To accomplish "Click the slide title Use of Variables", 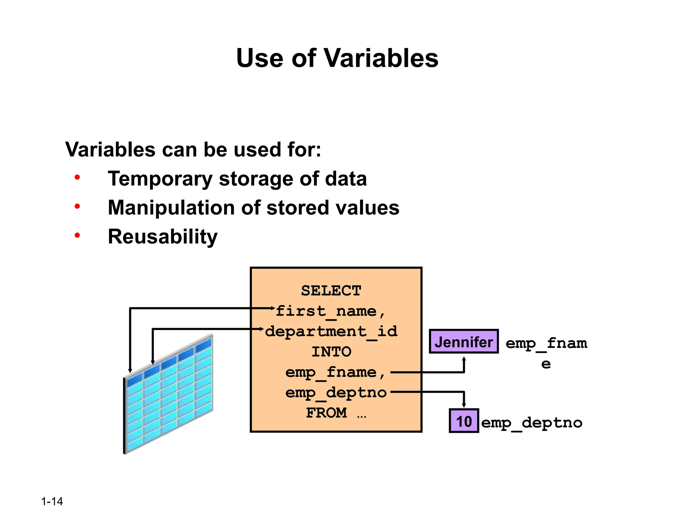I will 337,58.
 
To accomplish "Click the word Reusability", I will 163,237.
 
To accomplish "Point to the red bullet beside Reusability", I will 77,236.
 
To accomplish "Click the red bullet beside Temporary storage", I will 77,178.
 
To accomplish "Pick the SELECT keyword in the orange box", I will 331,291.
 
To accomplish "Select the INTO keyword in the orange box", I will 331,352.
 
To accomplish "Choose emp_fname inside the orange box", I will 331,372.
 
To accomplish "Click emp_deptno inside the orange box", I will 336,393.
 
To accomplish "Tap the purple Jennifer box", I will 464,342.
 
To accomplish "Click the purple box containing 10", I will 464,421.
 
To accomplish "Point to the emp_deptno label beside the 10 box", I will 531,423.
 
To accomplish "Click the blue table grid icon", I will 168,394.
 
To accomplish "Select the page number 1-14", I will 52,501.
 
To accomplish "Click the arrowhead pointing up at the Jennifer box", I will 464,359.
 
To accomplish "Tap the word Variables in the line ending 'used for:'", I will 110,150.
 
